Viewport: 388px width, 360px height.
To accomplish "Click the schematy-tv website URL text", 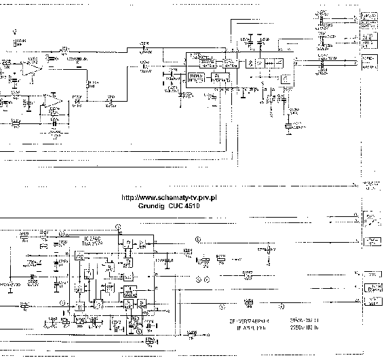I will point(172,197).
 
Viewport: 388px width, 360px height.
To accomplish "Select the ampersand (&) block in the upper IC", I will point(252,62).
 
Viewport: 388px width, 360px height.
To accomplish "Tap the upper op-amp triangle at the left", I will point(31,67).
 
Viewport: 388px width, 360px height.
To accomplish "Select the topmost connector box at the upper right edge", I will point(370,15).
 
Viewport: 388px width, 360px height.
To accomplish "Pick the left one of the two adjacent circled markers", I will point(199,279).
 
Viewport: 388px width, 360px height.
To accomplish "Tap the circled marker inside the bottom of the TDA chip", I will point(138,332).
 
